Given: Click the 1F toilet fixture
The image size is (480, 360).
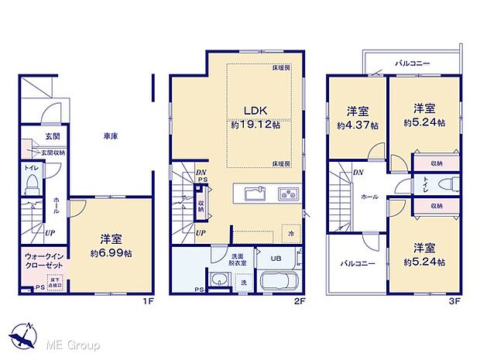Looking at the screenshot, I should click(32, 183).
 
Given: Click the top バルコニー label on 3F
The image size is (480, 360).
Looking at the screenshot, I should click(413, 62).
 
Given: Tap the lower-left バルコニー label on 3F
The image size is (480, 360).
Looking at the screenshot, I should click(356, 263).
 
